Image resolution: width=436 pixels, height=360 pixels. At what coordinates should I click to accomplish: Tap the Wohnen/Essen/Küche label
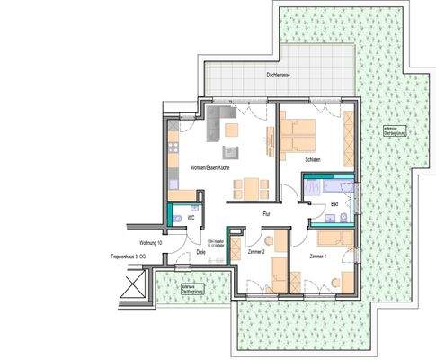[x=209, y=167]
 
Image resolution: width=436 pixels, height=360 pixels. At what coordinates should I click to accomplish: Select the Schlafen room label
[x=313, y=160]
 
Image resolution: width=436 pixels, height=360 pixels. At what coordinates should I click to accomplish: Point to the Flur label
[x=266, y=214]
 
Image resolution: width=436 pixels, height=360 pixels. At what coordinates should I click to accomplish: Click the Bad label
[x=334, y=204]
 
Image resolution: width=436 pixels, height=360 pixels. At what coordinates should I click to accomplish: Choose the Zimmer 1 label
[x=318, y=257]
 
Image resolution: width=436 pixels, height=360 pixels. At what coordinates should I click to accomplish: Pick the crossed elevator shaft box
[x=132, y=287]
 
